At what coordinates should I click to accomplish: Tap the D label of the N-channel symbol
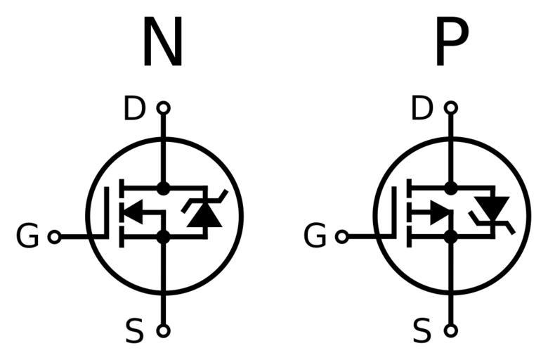134,109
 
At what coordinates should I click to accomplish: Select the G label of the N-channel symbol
27,238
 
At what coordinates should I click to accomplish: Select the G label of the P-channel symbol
315,238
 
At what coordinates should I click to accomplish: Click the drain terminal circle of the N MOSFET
163,108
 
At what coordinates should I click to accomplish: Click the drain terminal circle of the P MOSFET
451,108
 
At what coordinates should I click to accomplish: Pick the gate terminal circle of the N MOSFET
54,238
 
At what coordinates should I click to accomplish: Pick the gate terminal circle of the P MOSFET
342,238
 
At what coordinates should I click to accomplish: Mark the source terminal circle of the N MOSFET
163,330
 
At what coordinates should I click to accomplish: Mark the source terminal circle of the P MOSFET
451,330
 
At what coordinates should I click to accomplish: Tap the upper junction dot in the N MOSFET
163,188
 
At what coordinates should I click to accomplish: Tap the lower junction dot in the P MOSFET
451,237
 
